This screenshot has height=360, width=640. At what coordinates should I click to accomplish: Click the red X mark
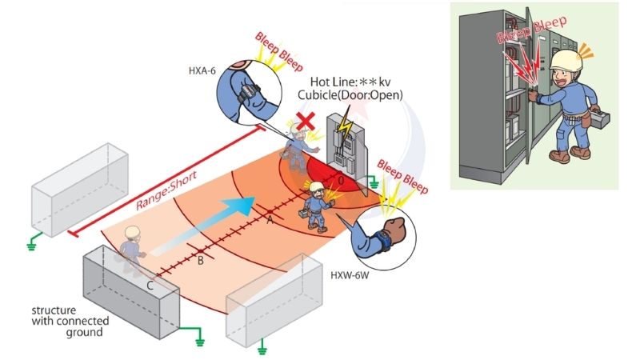[x=305, y=122]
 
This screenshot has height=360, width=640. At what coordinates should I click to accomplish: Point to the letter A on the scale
[x=270, y=218]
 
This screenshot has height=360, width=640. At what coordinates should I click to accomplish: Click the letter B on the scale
[x=201, y=261]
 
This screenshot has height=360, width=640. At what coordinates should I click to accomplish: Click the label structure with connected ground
[x=67, y=320]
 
